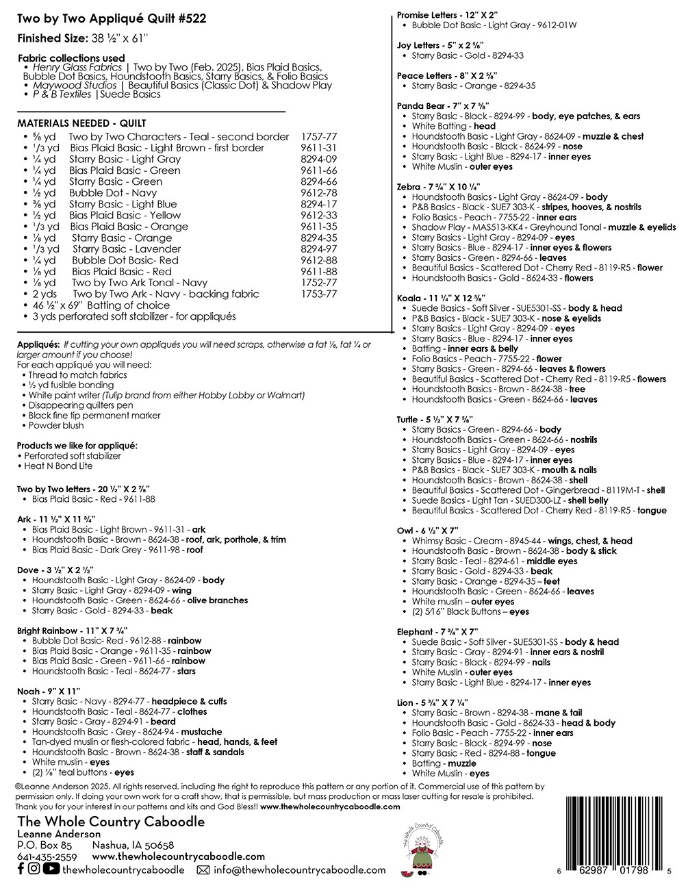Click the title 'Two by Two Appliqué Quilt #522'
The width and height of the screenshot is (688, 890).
tap(112, 18)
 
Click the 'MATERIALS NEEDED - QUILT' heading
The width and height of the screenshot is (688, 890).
tap(81, 123)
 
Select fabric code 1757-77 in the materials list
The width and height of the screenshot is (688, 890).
tap(318, 137)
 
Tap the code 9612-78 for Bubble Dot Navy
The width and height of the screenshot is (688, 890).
tap(318, 193)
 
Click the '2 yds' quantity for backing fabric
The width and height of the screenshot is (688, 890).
tap(44, 294)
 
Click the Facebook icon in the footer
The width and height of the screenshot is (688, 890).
tap(21, 869)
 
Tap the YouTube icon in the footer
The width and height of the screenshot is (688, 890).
tap(51, 869)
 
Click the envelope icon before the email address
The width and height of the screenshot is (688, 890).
tap(203, 870)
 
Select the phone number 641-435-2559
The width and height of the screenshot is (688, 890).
tap(47, 856)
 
